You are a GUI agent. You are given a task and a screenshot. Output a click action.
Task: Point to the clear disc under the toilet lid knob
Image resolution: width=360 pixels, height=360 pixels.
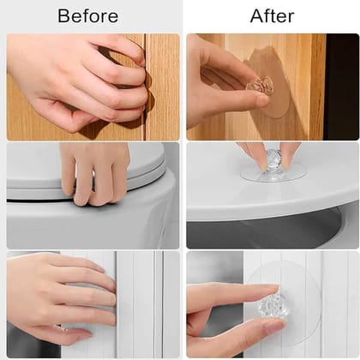coord(273,175)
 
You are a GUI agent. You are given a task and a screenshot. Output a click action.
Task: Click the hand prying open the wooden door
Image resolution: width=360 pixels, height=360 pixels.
coord(77,81)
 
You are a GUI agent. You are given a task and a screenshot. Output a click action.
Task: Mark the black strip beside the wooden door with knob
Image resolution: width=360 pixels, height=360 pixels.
coord(341,86)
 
